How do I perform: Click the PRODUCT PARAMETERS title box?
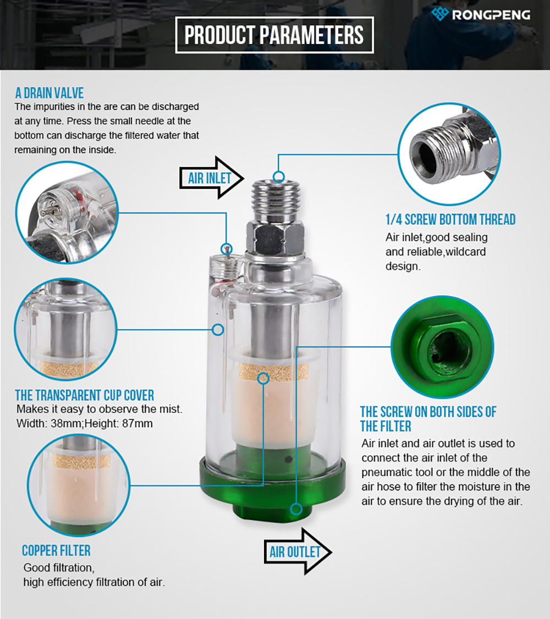274,35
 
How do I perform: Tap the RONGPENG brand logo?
481,14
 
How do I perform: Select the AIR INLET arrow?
212,178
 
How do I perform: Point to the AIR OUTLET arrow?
298,551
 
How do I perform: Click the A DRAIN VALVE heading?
50,93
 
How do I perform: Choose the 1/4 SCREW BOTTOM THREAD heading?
450,219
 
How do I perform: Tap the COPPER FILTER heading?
56,550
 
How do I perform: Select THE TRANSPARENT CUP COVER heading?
85,395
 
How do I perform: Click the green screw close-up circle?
442,347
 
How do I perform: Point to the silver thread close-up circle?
449,154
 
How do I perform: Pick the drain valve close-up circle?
67,212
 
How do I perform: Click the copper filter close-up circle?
79,485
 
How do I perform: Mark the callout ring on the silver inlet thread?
279,176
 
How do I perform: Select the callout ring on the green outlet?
296,509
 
